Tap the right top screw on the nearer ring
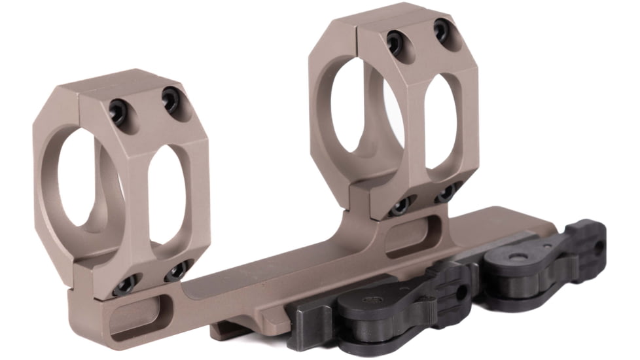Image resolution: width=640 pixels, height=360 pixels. pos(171,98)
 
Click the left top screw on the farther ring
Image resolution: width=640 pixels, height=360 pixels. pos(395,42)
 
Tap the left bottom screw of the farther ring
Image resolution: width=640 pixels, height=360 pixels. pos(398,207)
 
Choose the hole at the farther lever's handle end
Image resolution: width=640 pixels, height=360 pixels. pos(596,247)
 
